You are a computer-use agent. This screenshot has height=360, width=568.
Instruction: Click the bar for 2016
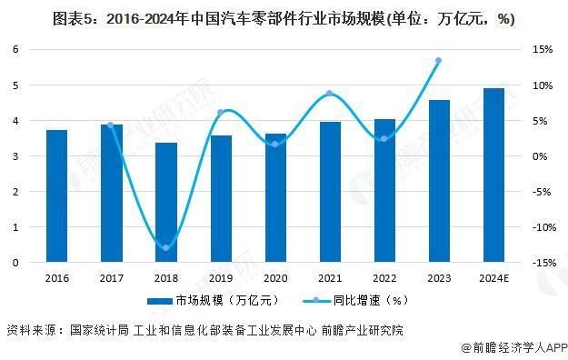(x=57, y=196)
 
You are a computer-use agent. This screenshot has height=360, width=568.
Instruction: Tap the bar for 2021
(x=330, y=193)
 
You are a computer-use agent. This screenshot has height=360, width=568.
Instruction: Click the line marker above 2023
(x=438, y=61)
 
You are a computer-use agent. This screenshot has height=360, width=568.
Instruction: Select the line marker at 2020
(x=275, y=144)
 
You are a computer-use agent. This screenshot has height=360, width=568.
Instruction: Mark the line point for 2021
(x=330, y=94)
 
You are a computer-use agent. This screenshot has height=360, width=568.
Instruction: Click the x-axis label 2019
(x=221, y=277)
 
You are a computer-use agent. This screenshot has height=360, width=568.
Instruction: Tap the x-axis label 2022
(x=384, y=277)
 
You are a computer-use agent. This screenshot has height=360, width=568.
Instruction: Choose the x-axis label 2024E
(x=493, y=277)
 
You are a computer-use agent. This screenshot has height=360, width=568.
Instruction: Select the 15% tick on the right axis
(x=541, y=49)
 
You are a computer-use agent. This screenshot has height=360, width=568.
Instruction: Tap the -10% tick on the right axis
(x=539, y=227)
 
